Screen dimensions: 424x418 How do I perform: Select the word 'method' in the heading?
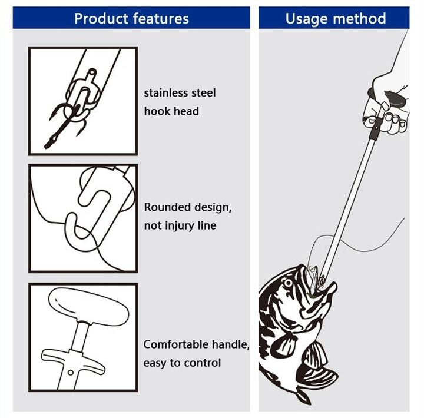pyautogui.click(x=359, y=19)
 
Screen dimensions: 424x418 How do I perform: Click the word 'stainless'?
pyautogui.click(x=165, y=93)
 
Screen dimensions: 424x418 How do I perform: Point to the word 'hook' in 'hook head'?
pyautogui.click(x=156, y=111)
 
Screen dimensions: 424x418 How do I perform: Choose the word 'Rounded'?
pyautogui.click(x=167, y=207)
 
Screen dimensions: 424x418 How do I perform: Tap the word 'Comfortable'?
pyautogui.click(x=176, y=344)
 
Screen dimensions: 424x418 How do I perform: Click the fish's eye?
pyautogui.click(x=288, y=283)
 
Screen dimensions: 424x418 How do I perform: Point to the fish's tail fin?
pyautogui.click(x=303, y=395)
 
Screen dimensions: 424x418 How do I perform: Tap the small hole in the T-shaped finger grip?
pyautogui.click(x=70, y=373)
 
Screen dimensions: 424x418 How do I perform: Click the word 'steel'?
pyautogui.click(x=204, y=93)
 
